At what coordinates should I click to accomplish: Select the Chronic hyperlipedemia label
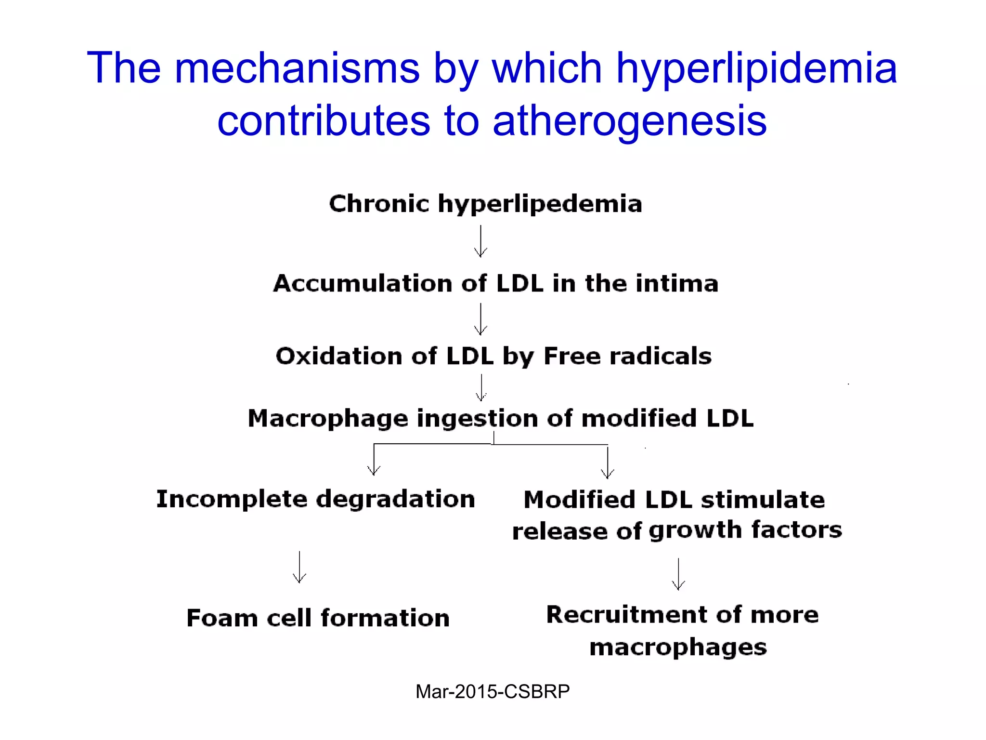[485, 204]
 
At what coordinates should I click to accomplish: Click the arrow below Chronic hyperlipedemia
[480, 242]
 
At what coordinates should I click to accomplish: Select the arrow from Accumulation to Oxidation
[480, 319]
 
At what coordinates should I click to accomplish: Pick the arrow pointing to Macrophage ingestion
[481, 388]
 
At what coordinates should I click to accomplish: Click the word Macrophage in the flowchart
[327, 419]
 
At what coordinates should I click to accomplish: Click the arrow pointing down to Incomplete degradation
[374, 460]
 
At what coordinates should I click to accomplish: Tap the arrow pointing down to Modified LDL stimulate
[608, 462]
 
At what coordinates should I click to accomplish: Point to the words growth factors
[745, 530]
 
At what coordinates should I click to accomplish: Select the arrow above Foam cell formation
[299, 568]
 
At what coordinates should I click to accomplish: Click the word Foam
[221, 618]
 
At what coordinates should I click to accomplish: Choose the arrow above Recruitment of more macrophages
[678, 574]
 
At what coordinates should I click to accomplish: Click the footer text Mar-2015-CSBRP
[493, 692]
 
